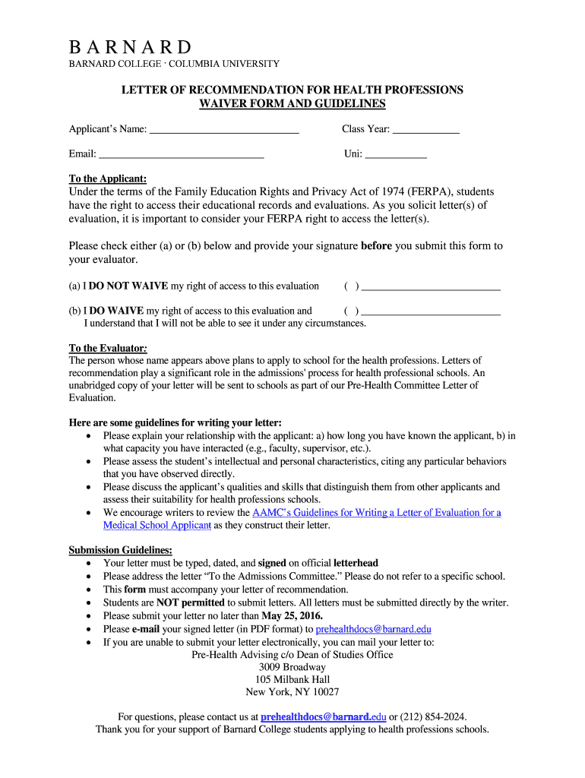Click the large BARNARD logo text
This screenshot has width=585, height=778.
131,47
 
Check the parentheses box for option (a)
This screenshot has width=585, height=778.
351,286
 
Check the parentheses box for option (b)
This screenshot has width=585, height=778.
351,311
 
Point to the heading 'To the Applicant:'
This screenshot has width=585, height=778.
107,179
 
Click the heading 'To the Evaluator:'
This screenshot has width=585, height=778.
108,349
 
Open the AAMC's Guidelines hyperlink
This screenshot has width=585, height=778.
378,513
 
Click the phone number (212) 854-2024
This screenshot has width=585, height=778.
433,716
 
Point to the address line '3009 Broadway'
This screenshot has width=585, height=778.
292,668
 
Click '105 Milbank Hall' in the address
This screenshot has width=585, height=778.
292,680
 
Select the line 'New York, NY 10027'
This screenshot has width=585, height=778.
292,692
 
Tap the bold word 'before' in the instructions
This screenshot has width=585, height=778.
376,246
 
